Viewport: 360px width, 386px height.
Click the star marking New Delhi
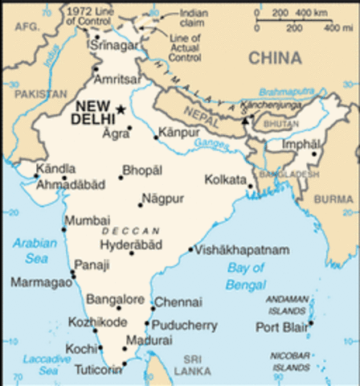point(121,109)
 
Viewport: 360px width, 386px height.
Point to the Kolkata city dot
point(250,187)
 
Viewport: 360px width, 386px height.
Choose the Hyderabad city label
point(131,244)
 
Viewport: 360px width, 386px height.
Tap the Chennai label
point(173,302)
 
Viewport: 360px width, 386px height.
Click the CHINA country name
point(275,58)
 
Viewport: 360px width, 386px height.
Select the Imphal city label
point(300,144)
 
